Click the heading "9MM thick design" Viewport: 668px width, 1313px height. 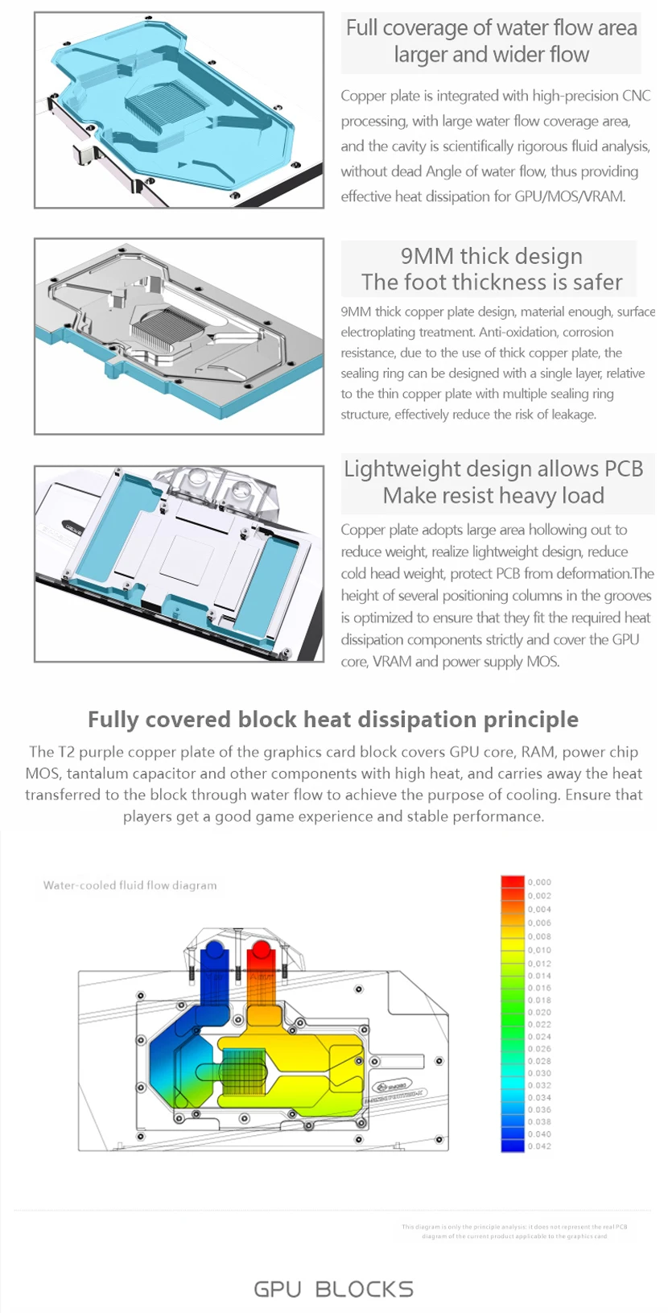pyautogui.click(x=491, y=256)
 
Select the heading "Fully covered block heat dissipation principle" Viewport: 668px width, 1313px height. pyautogui.click(x=333, y=719)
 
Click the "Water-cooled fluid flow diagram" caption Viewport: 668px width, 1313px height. pyautogui.click(x=130, y=885)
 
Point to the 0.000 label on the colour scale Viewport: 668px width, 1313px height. pyautogui.click(x=539, y=882)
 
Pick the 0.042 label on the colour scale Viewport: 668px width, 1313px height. pyautogui.click(x=539, y=1146)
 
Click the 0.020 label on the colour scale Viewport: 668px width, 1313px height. pyautogui.click(x=539, y=1012)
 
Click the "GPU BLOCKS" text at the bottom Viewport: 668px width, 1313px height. pyautogui.click(x=333, y=1289)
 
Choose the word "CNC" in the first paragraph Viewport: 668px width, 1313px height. pyautogui.click(x=636, y=96)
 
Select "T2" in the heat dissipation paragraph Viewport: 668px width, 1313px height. pyautogui.click(x=67, y=752)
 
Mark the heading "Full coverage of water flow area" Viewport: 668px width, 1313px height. pyautogui.click(x=491, y=28)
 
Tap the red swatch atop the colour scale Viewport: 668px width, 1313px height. pyautogui.click(x=513, y=882)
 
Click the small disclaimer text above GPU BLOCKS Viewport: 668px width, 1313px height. pyautogui.click(x=514, y=1231)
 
